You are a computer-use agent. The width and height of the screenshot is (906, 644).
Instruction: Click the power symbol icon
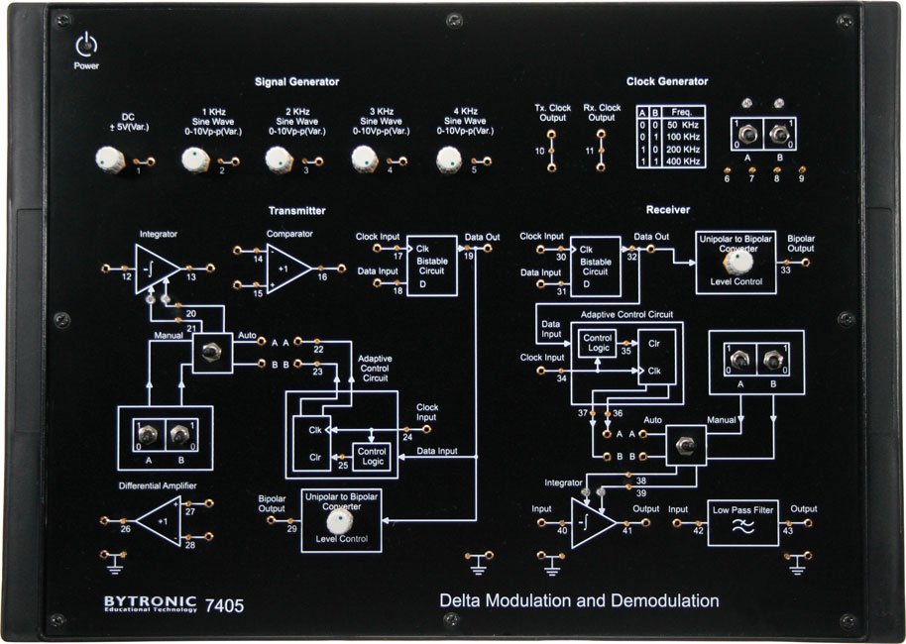point(87,46)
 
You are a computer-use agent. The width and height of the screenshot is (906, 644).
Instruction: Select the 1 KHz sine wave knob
point(194,159)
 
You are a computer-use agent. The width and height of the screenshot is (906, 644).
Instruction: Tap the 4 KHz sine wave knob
point(449,159)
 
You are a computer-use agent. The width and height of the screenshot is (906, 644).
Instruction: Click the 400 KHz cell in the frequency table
point(683,161)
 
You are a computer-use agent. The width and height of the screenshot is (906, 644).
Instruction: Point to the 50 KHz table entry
point(683,124)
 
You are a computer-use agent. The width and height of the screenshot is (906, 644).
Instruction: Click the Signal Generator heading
point(296,82)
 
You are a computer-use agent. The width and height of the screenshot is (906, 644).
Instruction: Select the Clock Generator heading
point(667,81)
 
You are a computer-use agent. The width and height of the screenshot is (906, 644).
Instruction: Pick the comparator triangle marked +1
point(288,268)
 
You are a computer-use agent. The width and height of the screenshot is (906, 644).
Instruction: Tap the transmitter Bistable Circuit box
point(432,264)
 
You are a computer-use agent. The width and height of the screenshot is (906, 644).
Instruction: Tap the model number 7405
point(223,602)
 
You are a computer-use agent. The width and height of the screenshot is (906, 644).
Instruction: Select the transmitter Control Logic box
point(372,457)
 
